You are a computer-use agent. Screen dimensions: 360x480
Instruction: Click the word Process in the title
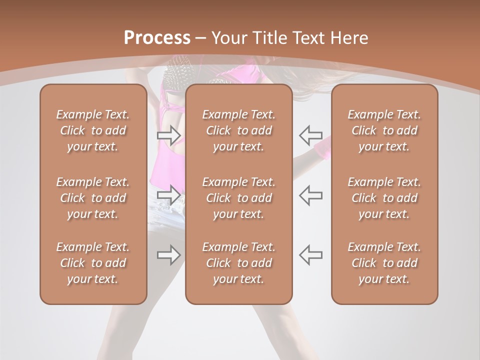coord(157,38)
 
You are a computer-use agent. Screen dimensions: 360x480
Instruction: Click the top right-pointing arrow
coord(168,134)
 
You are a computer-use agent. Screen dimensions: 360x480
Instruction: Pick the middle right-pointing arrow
coord(168,194)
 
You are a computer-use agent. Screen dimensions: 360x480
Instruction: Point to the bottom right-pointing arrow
coord(168,255)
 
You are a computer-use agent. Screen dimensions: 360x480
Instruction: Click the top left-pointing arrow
coord(310,134)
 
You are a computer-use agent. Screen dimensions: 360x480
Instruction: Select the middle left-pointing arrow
coord(310,194)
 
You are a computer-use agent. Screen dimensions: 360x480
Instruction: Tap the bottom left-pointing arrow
coord(310,255)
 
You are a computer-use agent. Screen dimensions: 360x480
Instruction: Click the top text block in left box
coord(93,130)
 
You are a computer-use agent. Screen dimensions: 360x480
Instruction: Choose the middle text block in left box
coord(93,198)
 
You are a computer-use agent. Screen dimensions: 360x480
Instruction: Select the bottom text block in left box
coord(93,263)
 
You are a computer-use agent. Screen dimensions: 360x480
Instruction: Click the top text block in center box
coord(238,130)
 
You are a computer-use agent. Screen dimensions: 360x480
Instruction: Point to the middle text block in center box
coord(238,198)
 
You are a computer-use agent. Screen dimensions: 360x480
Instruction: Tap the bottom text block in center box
coord(238,263)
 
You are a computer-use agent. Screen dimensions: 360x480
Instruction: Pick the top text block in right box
coord(384,130)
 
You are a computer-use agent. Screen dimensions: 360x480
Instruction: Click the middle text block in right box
coord(384,198)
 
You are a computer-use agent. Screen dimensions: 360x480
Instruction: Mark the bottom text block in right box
coord(384,263)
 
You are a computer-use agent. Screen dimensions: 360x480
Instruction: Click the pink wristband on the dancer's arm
coord(322,148)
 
